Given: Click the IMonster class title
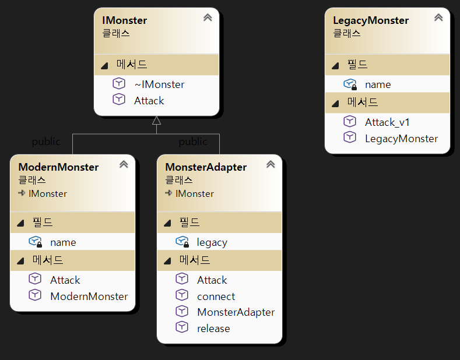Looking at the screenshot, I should point(124,20).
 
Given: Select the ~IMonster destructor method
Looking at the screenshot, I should point(159,84).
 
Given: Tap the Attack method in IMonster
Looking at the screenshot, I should point(149,101).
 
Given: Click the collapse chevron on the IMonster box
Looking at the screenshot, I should point(208,18).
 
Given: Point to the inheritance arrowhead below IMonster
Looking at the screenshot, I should point(156,121).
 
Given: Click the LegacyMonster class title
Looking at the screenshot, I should point(370,20).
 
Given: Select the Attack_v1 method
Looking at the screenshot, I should point(387,122).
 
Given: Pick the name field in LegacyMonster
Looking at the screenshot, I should point(378,84).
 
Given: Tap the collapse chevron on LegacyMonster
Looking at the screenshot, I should point(438,18).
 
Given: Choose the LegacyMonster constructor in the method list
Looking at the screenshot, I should point(401,139).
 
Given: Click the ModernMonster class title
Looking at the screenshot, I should point(58,167).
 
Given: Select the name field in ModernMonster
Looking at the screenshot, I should point(63,242).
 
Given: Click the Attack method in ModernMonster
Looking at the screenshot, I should point(65,280).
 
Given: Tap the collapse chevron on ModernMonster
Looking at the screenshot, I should point(124,165).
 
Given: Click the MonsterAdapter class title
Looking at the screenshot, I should point(206,167).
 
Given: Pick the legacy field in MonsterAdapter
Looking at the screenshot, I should point(212,242).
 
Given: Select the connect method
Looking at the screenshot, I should point(216,297).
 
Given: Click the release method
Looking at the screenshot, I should point(213,329).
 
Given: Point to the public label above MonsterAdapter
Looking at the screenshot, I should point(193,142).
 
